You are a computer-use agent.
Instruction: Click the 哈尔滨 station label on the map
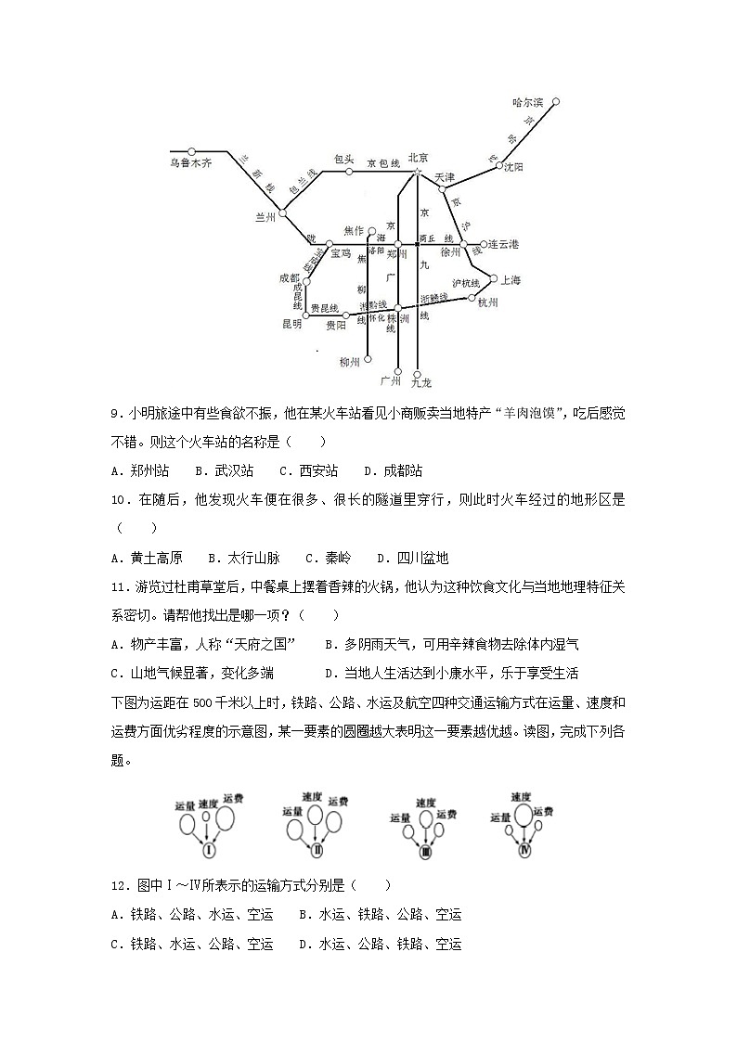coord(527,102)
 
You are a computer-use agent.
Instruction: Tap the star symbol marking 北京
coord(418,172)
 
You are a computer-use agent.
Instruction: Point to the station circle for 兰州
coord(283,212)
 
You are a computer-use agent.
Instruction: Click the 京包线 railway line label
coord(382,162)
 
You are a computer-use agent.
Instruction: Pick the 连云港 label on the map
coord(503,244)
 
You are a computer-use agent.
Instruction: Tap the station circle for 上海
coord(491,278)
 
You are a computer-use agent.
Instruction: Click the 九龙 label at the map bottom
coord(420,381)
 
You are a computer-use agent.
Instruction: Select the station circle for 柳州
coord(368,360)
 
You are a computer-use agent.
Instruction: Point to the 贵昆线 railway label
coord(324,308)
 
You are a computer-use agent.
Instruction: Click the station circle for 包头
coord(349,172)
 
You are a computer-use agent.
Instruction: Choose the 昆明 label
coord(291,324)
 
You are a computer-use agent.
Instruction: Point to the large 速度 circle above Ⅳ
coord(522,816)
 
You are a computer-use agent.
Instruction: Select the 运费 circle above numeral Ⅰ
coord(224,818)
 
